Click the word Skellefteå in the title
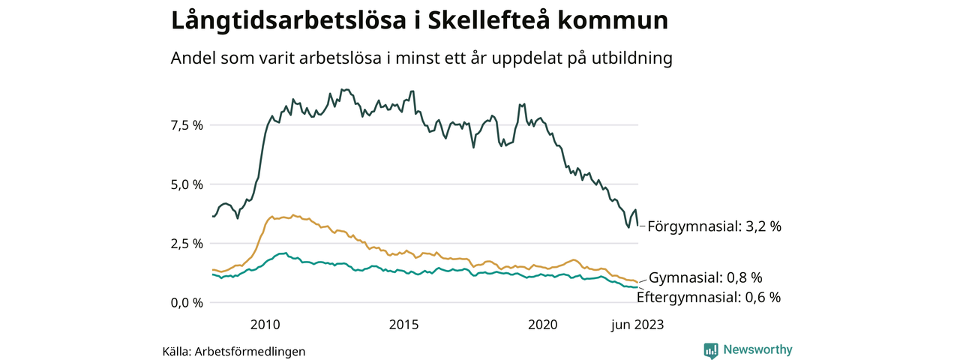point(489,20)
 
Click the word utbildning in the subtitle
point(630,58)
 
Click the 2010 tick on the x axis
point(265,325)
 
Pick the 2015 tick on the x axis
point(403,325)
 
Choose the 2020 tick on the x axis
point(542,325)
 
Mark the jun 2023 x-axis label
point(637,325)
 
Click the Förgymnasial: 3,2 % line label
point(714,226)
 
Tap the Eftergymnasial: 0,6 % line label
point(709,297)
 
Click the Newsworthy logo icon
point(711,350)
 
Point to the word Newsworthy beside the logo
point(757,349)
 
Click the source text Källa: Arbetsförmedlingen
point(234,351)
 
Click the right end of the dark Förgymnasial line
point(638,224)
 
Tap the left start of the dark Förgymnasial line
point(213,217)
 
